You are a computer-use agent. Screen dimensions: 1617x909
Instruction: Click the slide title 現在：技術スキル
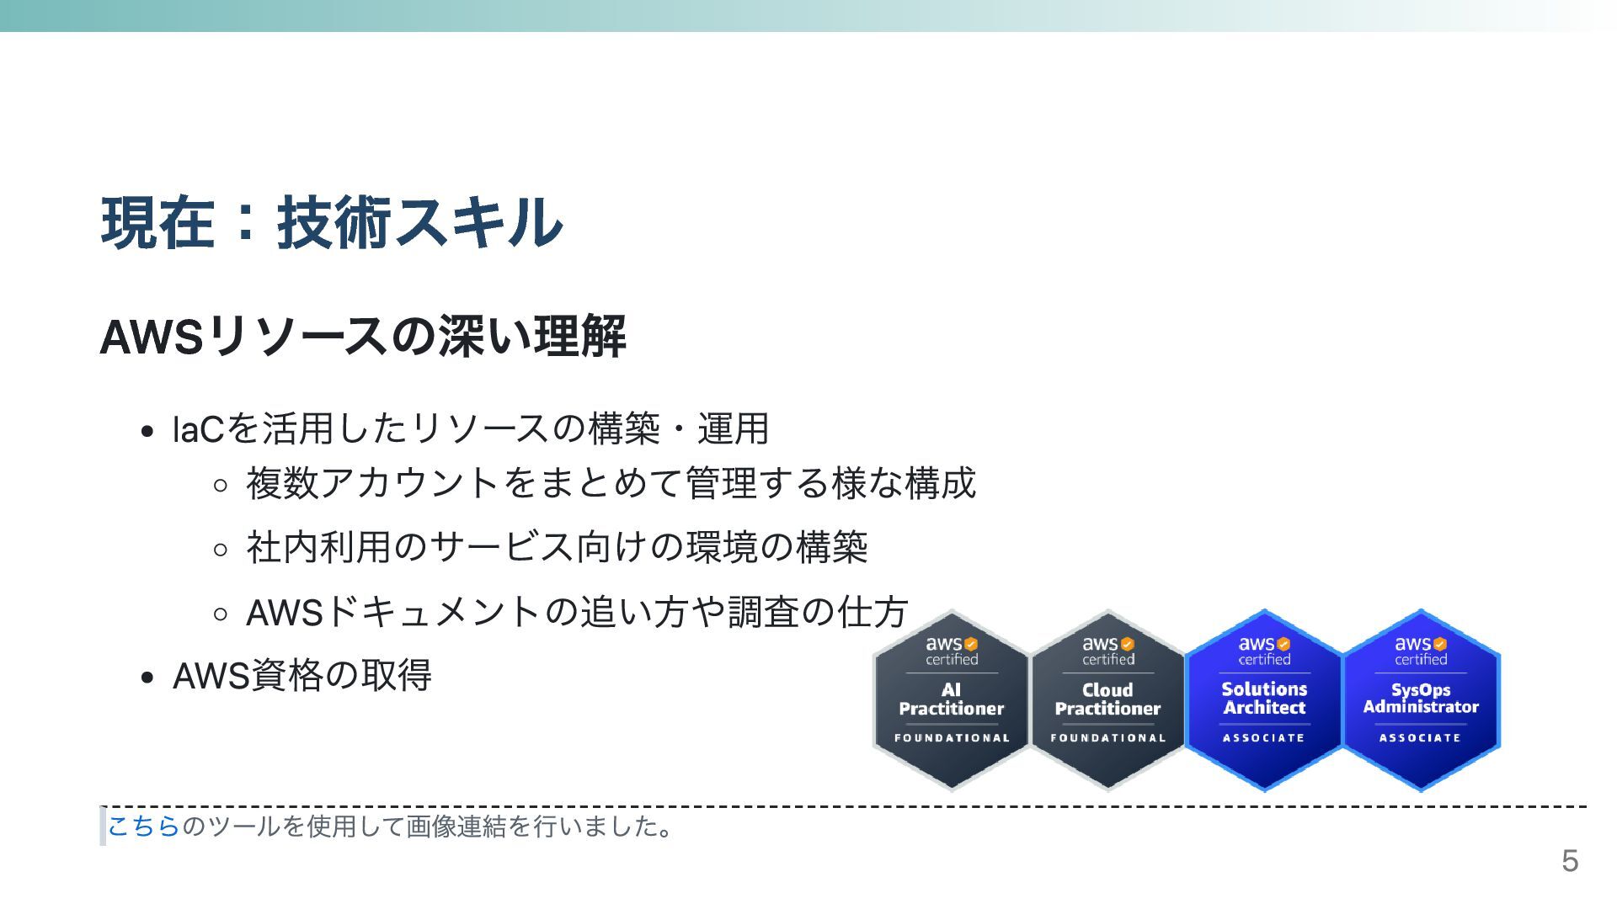[x=332, y=223]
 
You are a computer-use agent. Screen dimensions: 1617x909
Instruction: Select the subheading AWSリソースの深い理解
[x=362, y=336]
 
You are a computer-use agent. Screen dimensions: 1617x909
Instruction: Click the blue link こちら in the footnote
[x=143, y=827]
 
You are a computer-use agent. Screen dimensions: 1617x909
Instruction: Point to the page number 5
[x=1570, y=861]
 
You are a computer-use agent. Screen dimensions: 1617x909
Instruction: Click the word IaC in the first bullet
[x=197, y=429]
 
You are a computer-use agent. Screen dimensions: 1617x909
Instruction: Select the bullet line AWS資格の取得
[x=302, y=675]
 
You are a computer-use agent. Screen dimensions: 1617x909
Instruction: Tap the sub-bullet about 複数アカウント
[x=611, y=483]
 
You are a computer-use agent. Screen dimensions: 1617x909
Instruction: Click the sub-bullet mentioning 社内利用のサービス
[x=556, y=547]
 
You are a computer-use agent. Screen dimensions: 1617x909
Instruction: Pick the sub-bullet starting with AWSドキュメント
[x=576, y=612]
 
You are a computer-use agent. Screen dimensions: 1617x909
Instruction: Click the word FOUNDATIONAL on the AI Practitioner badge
[x=952, y=738]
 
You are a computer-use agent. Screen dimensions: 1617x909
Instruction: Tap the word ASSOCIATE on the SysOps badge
[x=1420, y=738]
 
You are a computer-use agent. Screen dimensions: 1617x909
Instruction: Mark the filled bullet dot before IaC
[x=148, y=432]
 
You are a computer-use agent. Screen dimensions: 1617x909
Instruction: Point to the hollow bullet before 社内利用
[x=221, y=550]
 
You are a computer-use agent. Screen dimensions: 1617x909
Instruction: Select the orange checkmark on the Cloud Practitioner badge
[x=1128, y=645]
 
